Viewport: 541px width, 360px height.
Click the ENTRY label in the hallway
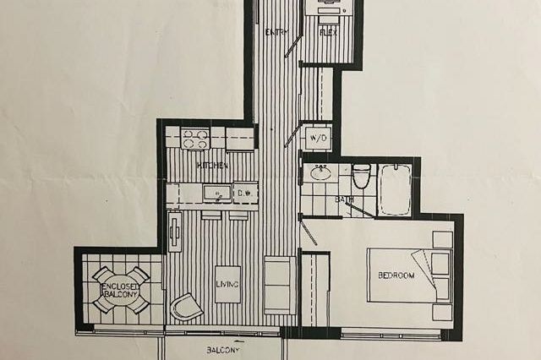[x=276, y=32]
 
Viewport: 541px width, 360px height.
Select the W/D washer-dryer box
[x=318, y=137]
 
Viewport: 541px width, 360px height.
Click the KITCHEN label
[x=213, y=166]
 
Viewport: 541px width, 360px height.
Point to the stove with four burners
[x=195, y=138]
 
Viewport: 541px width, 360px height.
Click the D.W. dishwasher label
[x=245, y=193]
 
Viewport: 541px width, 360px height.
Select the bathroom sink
[x=320, y=174]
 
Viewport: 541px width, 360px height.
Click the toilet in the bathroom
[x=361, y=176]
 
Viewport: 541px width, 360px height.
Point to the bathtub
[x=395, y=189]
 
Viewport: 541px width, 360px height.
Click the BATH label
[x=344, y=200]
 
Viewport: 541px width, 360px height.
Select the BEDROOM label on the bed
[x=396, y=276]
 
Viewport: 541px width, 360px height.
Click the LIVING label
[x=227, y=284]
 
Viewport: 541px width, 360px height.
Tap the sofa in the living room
[x=280, y=285]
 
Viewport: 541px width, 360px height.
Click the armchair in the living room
[x=186, y=307]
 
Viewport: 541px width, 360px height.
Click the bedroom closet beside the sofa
[x=315, y=289]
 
